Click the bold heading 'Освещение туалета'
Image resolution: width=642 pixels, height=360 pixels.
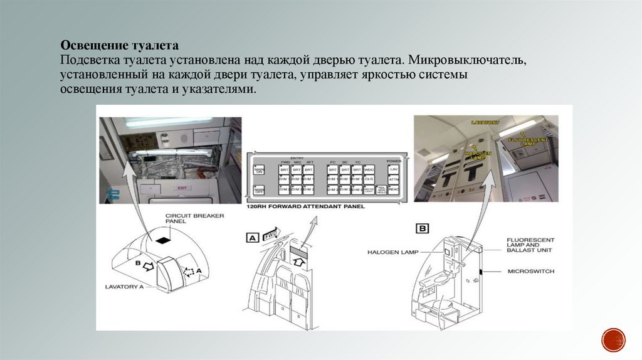pyautogui.click(x=120, y=46)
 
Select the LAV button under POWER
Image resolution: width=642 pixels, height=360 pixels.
pyautogui.click(x=394, y=169)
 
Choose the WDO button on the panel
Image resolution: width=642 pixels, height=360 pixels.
pyautogui.click(x=369, y=169)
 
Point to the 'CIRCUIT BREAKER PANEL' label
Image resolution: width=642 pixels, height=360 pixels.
pyautogui.click(x=186, y=219)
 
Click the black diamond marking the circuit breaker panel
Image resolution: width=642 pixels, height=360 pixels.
pyautogui.click(x=163, y=240)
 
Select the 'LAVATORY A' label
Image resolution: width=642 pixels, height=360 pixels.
pyautogui.click(x=125, y=286)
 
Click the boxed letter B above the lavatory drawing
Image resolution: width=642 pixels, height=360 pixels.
pyautogui.click(x=423, y=228)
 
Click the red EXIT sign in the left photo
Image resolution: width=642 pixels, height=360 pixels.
pyautogui.click(x=182, y=188)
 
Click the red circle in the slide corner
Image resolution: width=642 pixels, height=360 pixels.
pyautogui.click(x=613, y=339)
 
